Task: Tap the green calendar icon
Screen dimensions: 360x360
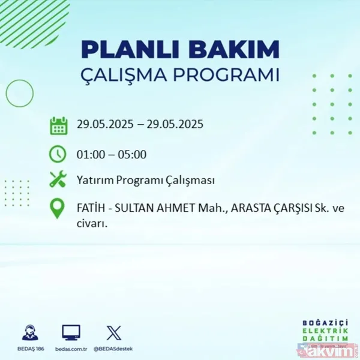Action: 58,126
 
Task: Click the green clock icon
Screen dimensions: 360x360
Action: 58,154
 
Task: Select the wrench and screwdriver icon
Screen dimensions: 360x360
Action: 58,180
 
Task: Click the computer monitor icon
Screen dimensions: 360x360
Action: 71,333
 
